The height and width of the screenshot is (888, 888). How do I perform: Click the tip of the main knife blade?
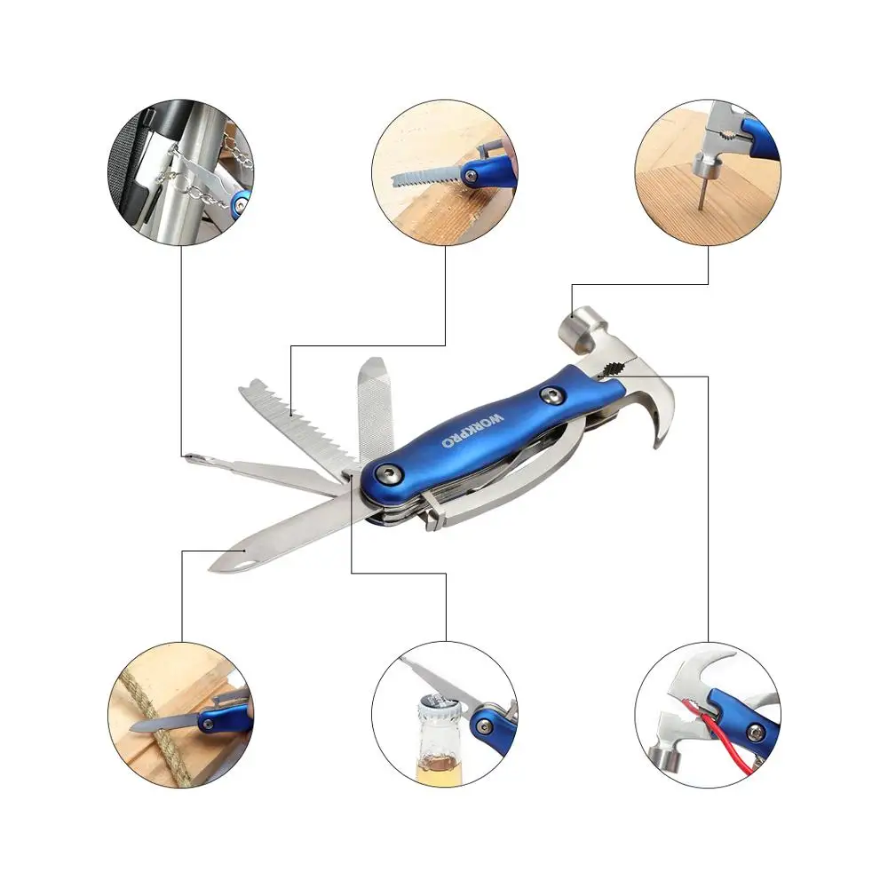(x=216, y=563)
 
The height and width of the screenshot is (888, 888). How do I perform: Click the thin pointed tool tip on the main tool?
(x=190, y=457)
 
